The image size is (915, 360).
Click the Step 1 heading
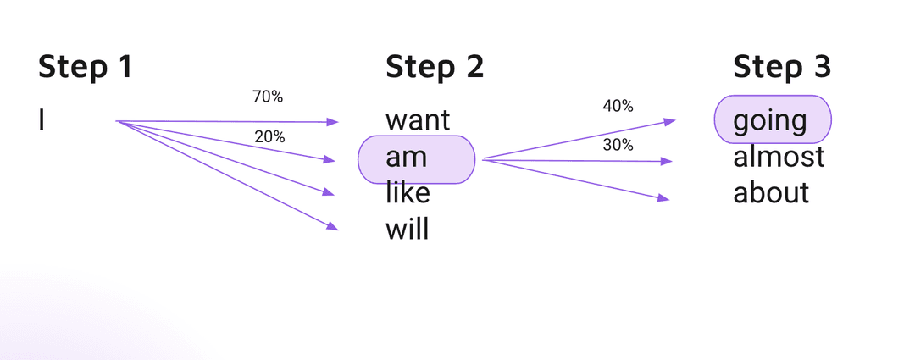pyautogui.click(x=85, y=67)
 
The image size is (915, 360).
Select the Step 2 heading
pyautogui.click(x=435, y=67)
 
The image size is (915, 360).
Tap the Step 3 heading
pyautogui.click(x=782, y=67)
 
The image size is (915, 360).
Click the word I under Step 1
pyautogui.click(x=42, y=121)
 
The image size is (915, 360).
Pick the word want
pyautogui.click(x=418, y=121)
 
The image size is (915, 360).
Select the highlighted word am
pyautogui.click(x=407, y=158)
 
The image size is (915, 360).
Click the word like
pyautogui.click(x=408, y=193)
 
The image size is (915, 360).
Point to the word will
pyautogui.click(x=407, y=230)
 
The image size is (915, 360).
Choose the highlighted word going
pyautogui.click(x=770, y=121)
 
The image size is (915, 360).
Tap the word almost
pyautogui.click(x=779, y=158)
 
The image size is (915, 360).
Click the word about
pyautogui.click(x=771, y=193)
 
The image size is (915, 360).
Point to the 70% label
pyautogui.click(x=268, y=97)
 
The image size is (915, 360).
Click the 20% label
pyautogui.click(x=269, y=136)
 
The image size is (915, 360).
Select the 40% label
pyautogui.click(x=618, y=106)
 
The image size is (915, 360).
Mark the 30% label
pyautogui.click(x=618, y=145)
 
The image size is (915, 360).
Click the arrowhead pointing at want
pyautogui.click(x=333, y=122)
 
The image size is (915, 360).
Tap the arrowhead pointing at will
pyautogui.click(x=333, y=226)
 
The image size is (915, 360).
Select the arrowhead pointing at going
pyautogui.click(x=670, y=121)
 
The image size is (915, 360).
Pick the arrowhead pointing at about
pyautogui.click(x=664, y=199)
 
